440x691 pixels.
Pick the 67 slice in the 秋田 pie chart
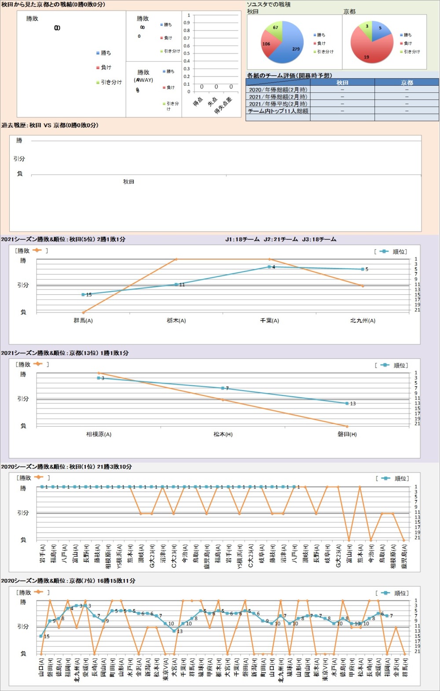pyautogui.click(x=275, y=29)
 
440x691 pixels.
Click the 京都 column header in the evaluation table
pyautogui.click(x=407, y=83)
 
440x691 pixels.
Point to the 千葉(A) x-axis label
pyautogui.click(x=269, y=321)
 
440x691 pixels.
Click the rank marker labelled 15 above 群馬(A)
pyautogui.click(x=83, y=295)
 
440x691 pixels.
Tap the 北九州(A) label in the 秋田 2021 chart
pyautogui.click(x=363, y=321)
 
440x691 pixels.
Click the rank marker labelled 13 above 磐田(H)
pyautogui.click(x=347, y=403)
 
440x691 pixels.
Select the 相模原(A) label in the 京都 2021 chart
pyautogui.click(x=99, y=434)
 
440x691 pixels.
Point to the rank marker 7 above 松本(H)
pyautogui.click(x=223, y=388)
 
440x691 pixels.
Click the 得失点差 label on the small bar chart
pyautogui.click(x=223, y=106)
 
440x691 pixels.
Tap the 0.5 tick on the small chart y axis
pyautogui.click(x=187, y=54)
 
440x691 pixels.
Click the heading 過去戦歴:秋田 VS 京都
pyautogui.click(x=50, y=125)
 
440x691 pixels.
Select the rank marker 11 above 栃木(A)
pyautogui.click(x=176, y=285)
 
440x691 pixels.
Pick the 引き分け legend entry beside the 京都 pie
pyautogui.click(x=411, y=51)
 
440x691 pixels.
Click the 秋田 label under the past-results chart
pyautogui.click(x=128, y=182)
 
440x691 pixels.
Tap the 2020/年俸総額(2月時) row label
pyautogui.click(x=278, y=90)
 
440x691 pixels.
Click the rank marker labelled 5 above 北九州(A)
pyautogui.click(x=363, y=269)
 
